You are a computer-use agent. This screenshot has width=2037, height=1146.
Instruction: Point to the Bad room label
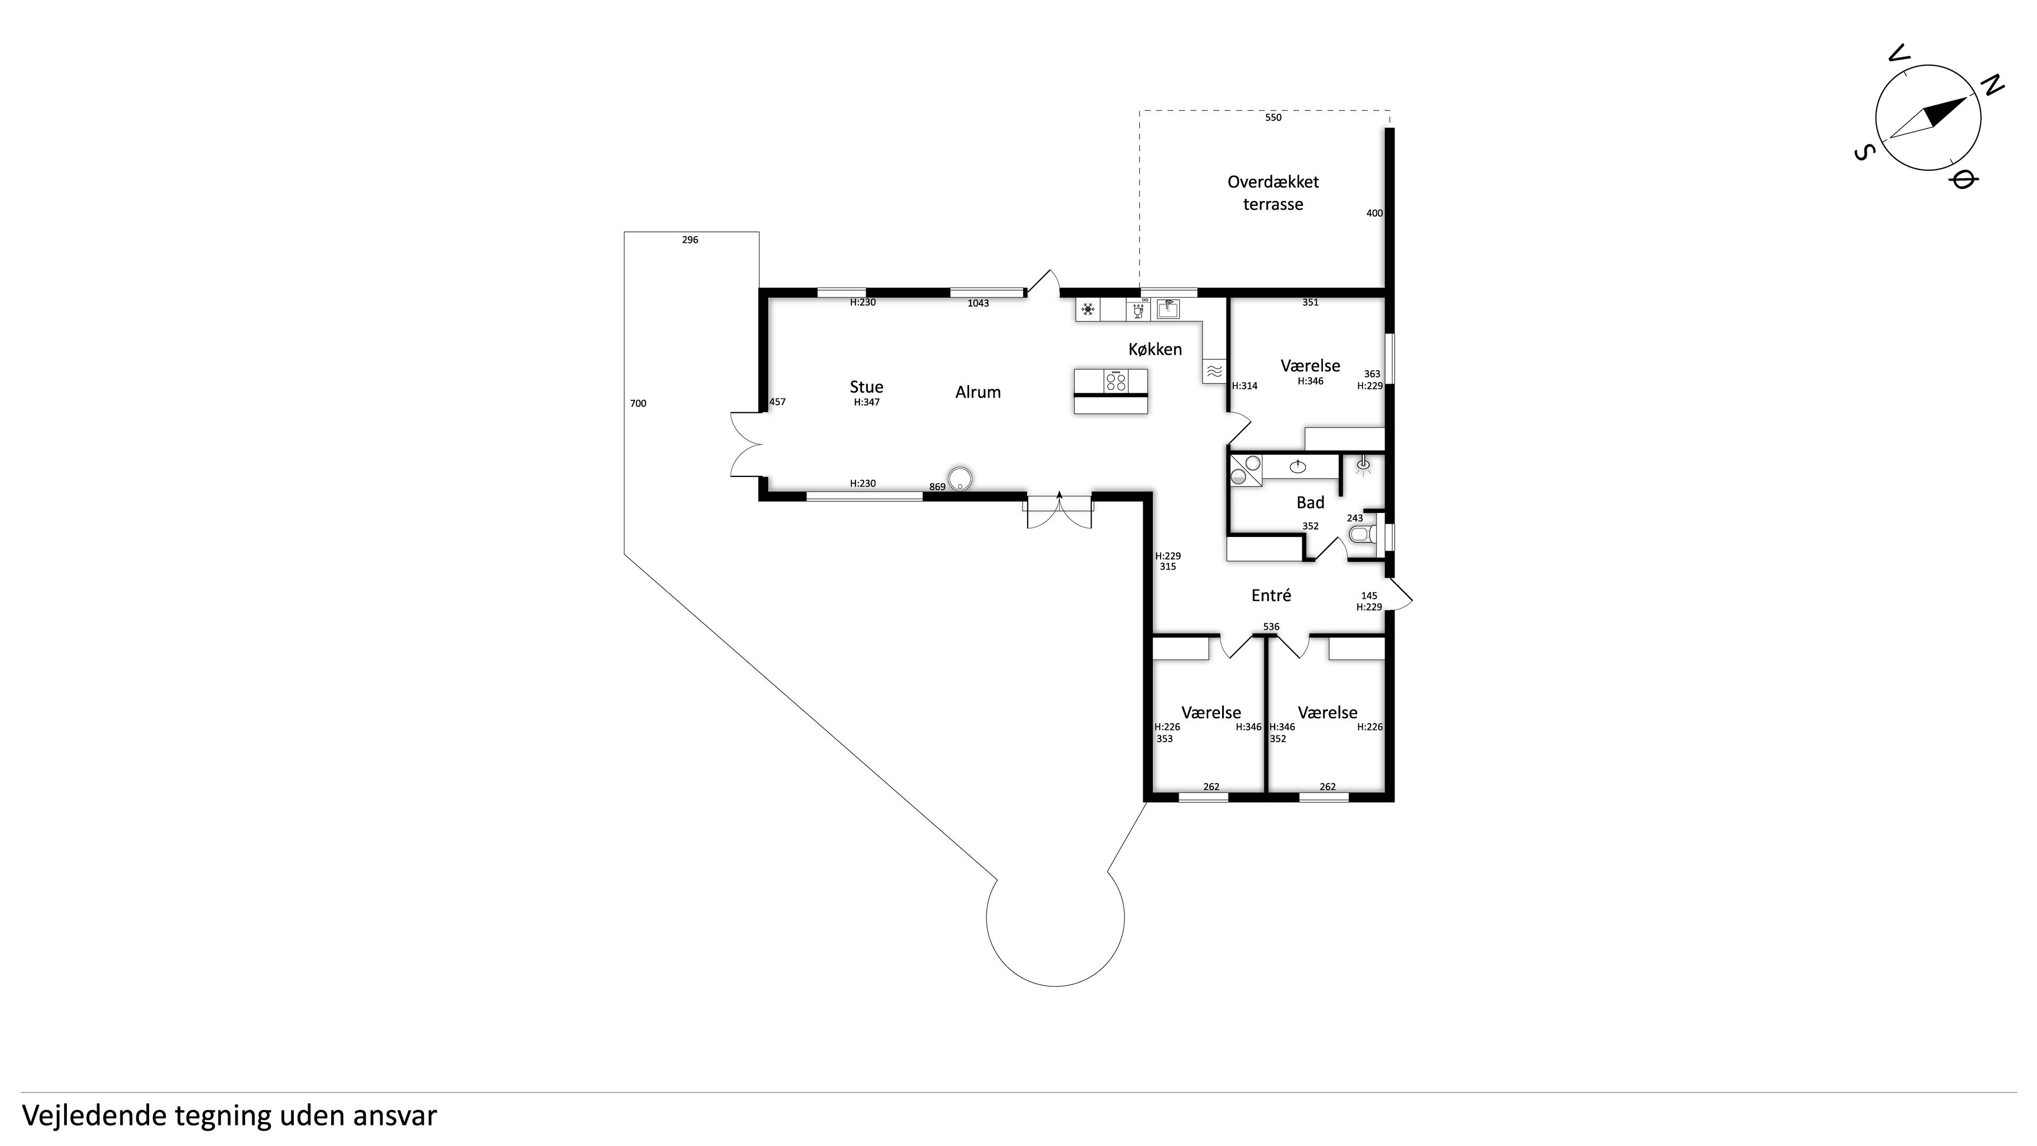[1310, 502]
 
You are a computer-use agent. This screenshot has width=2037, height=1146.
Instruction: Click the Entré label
[1271, 595]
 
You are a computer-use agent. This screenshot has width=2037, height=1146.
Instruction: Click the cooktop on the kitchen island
[1116, 381]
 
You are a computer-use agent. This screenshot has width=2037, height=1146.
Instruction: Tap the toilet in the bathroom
[1362, 535]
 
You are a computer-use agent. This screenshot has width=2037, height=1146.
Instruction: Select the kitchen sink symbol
[1168, 308]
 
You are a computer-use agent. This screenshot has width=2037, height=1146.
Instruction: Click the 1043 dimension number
[978, 303]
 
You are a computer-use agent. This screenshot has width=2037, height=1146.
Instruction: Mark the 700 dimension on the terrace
[638, 403]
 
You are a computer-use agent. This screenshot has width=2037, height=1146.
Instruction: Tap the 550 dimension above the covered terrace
[1273, 118]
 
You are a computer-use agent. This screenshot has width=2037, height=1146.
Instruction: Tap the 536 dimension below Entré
[1271, 627]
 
